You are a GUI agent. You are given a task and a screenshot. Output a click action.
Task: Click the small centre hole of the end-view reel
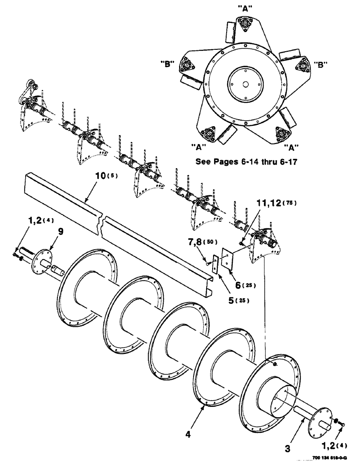(245, 84)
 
